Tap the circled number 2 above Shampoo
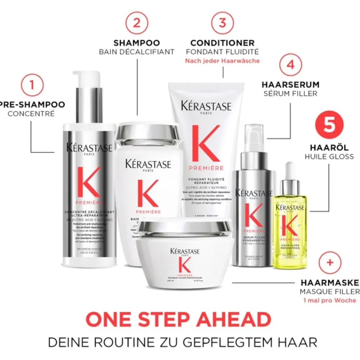[x=137, y=22]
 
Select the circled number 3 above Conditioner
[x=222, y=22]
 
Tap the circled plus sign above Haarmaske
[x=330, y=263]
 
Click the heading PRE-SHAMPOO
[x=32, y=105]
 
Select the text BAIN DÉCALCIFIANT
[x=137, y=52]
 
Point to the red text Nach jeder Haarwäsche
[x=222, y=61]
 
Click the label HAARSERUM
[x=290, y=84]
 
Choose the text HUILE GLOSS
[x=329, y=156]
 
